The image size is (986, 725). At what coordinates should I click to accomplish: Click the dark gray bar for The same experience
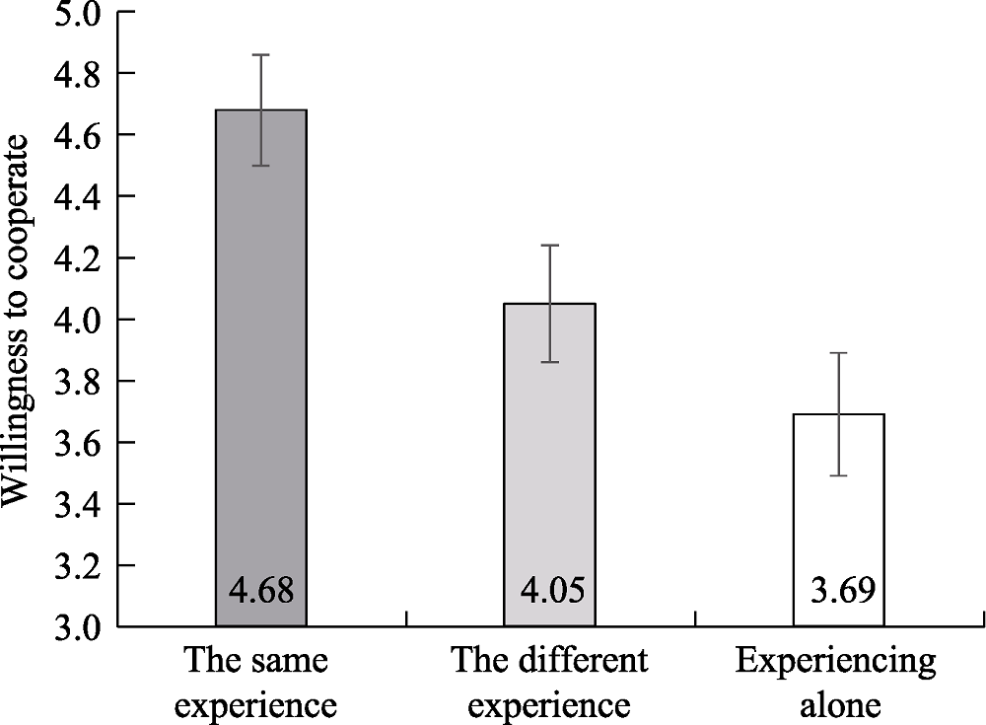pyautogui.click(x=261, y=345)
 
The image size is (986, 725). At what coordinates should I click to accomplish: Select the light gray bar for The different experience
pyautogui.click(x=549, y=444)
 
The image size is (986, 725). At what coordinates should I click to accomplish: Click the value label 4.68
pyautogui.click(x=261, y=591)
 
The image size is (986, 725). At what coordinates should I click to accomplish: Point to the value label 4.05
pyautogui.click(x=550, y=591)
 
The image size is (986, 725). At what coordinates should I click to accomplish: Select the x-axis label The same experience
pyautogui.click(x=261, y=683)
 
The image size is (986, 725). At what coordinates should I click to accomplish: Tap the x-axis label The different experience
pyautogui.click(x=549, y=683)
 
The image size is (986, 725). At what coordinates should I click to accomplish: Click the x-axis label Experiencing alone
pyautogui.click(x=836, y=683)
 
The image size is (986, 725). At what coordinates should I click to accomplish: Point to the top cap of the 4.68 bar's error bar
pyautogui.click(x=261, y=55)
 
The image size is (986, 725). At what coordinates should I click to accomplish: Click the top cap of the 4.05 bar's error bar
pyautogui.click(x=550, y=246)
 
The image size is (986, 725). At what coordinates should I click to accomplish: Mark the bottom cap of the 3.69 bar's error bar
pyautogui.click(x=839, y=475)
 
